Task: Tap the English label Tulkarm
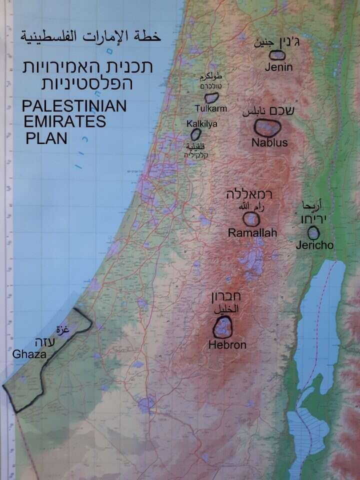pos(210,108)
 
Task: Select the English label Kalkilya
pos(202,123)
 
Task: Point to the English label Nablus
pos(269,143)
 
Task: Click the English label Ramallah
pos(252,233)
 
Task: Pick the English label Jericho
pos(314,245)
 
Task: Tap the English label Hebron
pos(227,345)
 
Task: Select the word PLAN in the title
pos(46,138)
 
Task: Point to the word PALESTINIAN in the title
pos(74,106)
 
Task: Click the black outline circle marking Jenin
pos(277,55)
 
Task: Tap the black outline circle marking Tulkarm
pos(211,97)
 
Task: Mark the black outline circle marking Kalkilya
pos(195,134)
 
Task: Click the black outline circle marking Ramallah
pos(251,219)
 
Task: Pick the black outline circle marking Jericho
pos(313,232)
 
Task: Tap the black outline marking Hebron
pos(222,328)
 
